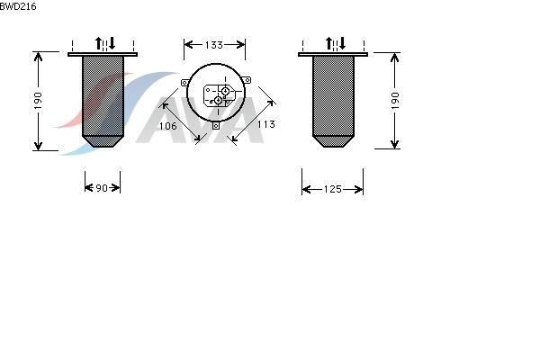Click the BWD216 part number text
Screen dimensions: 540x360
[x=18, y=6]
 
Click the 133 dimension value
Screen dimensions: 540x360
[x=214, y=45]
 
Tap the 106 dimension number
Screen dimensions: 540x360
[x=167, y=126]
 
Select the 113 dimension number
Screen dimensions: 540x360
[x=265, y=124]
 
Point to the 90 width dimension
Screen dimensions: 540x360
[x=102, y=188]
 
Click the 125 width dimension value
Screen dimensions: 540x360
[x=332, y=189]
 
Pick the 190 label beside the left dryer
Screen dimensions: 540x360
[x=38, y=101]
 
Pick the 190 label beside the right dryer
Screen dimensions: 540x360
[x=395, y=101]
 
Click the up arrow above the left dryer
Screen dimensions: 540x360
[x=98, y=43]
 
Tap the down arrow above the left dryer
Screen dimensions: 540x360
[x=112, y=43]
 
